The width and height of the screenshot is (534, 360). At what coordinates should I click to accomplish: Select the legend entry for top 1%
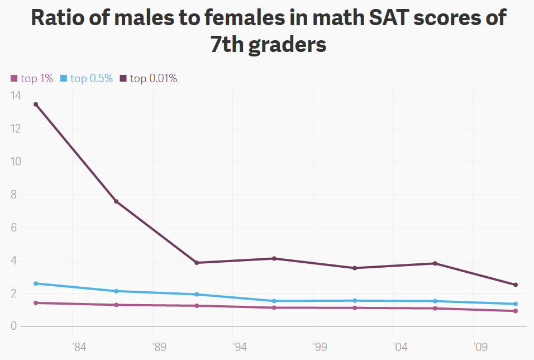coord(32,78)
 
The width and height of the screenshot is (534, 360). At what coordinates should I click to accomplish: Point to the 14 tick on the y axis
coord(15,96)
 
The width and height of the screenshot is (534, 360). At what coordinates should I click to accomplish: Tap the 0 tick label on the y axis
coord(15,326)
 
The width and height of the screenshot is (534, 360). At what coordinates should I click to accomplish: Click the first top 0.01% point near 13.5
coord(36,105)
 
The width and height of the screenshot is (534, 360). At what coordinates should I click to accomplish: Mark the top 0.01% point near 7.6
coord(116,201)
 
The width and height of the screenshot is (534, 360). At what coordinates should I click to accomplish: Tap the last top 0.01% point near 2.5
coord(516,285)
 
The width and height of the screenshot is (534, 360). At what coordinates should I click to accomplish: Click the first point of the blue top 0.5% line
coord(36,283)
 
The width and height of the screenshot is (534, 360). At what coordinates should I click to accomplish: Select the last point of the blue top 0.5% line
coord(516,304)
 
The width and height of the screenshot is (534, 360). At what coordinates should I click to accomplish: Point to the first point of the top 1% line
coord(36,303)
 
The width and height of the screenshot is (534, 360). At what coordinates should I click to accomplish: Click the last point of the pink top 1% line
coord(516,311)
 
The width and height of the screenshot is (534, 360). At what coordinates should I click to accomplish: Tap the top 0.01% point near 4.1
coord(274,258)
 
